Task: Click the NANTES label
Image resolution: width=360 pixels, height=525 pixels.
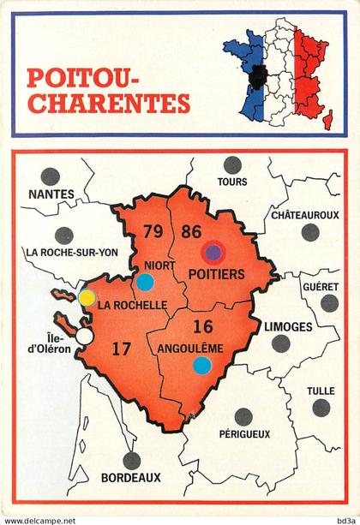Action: point(51,194)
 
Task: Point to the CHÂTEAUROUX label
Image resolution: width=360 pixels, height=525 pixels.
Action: point(306,214)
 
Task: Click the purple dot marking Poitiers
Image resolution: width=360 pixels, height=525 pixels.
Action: point(213,252)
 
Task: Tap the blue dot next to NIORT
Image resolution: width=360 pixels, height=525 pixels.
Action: point(145,281)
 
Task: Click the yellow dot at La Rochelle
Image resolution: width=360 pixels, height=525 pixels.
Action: point(87,297)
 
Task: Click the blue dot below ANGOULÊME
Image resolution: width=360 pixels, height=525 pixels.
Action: point(201,366)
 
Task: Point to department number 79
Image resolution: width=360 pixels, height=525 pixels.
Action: point(153,231)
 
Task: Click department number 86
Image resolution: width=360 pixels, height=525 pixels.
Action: point(191,230)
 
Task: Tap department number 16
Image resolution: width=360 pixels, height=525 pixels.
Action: point(202,325)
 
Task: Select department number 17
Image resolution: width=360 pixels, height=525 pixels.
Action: point(121,349)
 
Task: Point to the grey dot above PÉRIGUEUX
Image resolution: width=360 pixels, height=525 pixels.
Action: point(243,416)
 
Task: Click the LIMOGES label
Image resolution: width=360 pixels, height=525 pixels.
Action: point(289,326)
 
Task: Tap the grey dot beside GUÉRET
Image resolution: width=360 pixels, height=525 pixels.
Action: point(329,303)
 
